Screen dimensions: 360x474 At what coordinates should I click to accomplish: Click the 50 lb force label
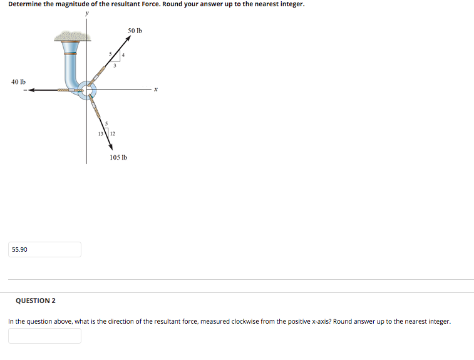pyautogui.click(x=135, y=30)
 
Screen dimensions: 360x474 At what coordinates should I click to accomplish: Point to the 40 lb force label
pyautogui.click(x=18, y=81)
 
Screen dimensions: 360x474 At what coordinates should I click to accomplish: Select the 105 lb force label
pyautogui.click(x=118, y=157)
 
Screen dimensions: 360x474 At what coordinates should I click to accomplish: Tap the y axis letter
pyautogui.click(x=87, y=13)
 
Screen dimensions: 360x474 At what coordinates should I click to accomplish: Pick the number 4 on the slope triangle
pyautogui.click(x=123, y=56)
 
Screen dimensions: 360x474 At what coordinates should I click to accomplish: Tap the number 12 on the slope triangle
pyautogui.click(x=113, y=133)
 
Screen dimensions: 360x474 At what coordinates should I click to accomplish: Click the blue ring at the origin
pyautogui.click(x=88, y=91)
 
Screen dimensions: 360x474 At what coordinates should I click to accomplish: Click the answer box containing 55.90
pyautogui.click(x=45, y=249)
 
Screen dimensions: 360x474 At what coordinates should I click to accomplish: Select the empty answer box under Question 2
pyautogui.click(x=45, y=336)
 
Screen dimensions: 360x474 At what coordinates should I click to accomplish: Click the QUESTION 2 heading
pyautogui.click(x=36, y=301)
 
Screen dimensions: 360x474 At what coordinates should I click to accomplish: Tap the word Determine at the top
pyautogui.click(x=24, y=4)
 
